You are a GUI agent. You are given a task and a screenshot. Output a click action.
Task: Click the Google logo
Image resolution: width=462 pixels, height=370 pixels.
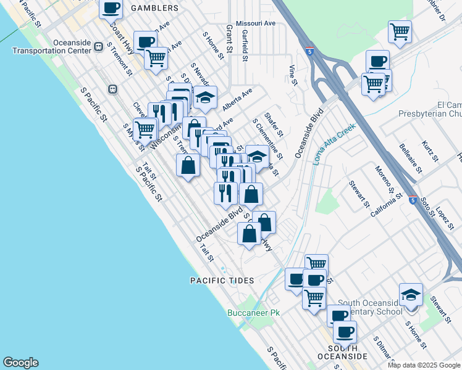pos(20,363)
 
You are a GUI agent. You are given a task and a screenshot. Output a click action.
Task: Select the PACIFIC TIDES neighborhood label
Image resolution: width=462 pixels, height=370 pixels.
pos(222,281)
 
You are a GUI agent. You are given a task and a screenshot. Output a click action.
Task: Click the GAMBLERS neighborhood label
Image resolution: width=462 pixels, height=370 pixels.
pos(155,8)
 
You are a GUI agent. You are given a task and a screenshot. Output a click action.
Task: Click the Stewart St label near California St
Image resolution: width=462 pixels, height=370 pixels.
pos(359,193)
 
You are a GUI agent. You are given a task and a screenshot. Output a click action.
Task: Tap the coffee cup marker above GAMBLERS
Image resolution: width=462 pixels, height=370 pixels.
pos(111,9)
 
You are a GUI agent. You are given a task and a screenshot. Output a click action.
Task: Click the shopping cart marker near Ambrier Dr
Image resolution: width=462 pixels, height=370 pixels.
pos(400,31)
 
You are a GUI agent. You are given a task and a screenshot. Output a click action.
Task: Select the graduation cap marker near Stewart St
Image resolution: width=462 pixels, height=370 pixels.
pos(411,295)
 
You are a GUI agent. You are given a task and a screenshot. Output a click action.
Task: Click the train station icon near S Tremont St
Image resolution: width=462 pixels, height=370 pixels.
pos(113,89)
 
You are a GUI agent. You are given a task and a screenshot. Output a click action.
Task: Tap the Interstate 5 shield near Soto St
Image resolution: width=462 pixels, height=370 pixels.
pos(413,199)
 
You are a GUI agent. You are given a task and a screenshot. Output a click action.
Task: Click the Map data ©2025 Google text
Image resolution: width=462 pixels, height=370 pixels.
pos(423,365)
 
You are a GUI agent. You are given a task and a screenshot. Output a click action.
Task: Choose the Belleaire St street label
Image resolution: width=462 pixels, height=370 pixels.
pos(411,159)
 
